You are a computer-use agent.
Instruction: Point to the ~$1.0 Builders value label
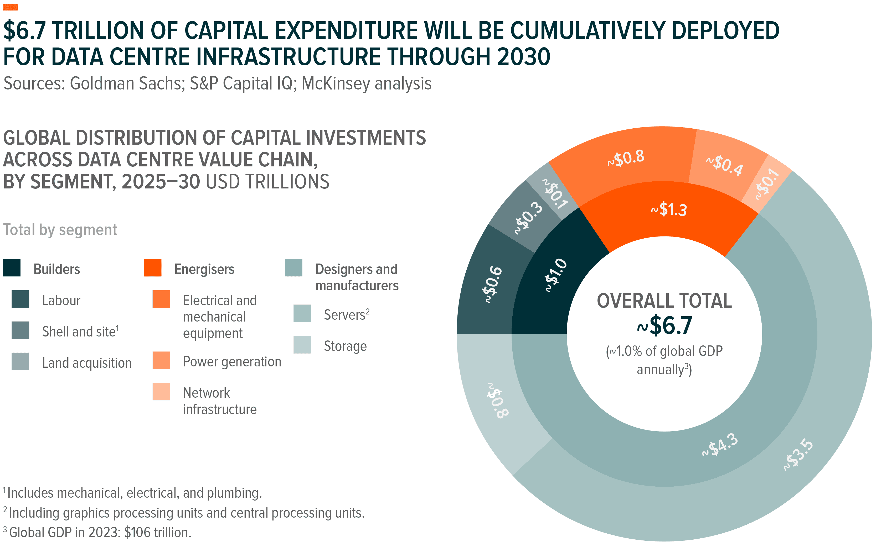tap(556, 275)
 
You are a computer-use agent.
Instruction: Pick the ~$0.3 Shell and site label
tap(529, 218)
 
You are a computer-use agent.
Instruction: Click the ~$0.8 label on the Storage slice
tap(498, 401)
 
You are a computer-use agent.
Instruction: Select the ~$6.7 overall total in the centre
tap(664, 325)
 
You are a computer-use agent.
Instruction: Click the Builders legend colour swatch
tap(12, 268)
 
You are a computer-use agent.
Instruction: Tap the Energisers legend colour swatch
tap(152, 268)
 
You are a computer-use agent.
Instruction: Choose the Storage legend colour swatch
tap(302, 345)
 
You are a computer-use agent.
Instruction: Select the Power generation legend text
tap(232, 361)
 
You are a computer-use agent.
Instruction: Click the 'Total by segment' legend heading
tap(60, 230)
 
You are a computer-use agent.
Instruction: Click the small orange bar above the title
tap(10, 7)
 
